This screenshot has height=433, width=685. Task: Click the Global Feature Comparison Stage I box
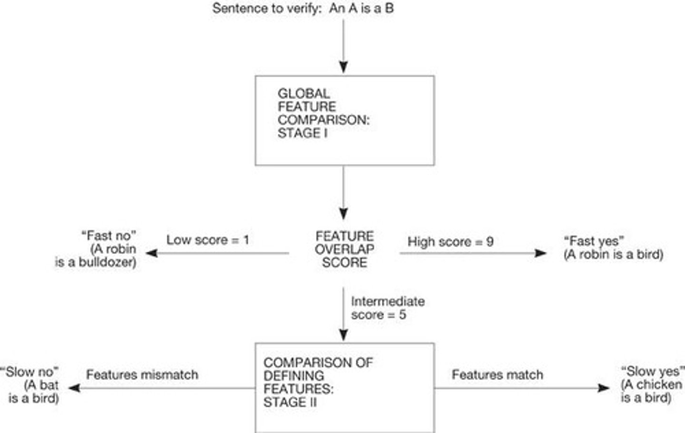pyautogui.click(x=344, y=120)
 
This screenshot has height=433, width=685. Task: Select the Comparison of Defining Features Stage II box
pyautogui.click(x=344, y=386)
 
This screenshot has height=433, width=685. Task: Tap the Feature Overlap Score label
pyautogui.click(x=344, y=249)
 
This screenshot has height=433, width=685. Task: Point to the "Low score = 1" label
pyautogui.click(x=207, y=240)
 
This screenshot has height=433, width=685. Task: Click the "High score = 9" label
pyautogui.click(x=450, y=242)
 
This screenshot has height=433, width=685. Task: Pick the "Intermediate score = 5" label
pyautogui.click(x=387, y=308)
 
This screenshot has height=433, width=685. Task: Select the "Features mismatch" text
pyautogui.click(x=142, y=375)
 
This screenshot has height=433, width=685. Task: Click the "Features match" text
pyautogui.click(x=497, y=375)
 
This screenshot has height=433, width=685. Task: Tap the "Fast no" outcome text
pyautogui.click(x=109, y=236)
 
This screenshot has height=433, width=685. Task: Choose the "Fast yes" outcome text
pyautogui.click(x=594, y=241)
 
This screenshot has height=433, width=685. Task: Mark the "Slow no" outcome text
pyautogui.click(x=29, y=372)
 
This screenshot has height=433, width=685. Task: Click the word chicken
pyautogui.click(x=658, y=384)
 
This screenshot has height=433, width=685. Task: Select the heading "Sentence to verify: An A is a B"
pyautogui.click(x=303, y=8)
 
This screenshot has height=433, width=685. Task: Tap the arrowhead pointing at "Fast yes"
pyautogui.click(x=541, y=253)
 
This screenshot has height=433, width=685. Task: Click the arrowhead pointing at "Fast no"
pyautogui.click(x=152, y=253)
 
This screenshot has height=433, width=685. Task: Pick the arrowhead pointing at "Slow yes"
pyautogui.click(x=604, y=388)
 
